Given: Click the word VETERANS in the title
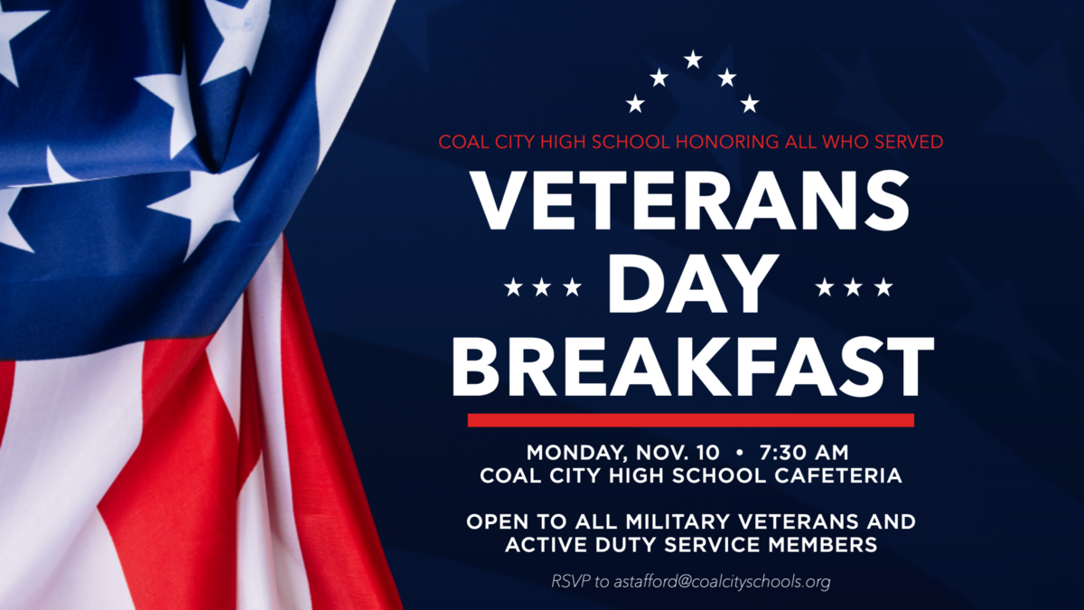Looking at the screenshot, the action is click(689, 201).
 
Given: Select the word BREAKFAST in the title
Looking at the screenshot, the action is click(693, 367).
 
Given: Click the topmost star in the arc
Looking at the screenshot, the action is click(693, 60).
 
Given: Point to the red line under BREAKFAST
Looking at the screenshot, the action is click(691, 420).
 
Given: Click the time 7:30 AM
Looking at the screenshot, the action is click(804, 453).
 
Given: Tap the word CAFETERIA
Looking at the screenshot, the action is click(838, 475).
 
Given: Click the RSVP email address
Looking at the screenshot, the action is click(722, 581).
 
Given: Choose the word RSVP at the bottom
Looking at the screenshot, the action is click(571, 581).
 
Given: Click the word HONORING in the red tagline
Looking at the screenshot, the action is click(727, 142).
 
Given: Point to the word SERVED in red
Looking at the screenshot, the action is click(910, 142).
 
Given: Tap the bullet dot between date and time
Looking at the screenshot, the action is click(739, 453).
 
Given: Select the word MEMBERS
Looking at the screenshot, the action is click(823, 545).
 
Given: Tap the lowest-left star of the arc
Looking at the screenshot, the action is click(635, 104).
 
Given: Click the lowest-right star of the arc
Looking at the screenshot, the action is click(750, 104).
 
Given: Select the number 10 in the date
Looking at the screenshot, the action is click(708, 453).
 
